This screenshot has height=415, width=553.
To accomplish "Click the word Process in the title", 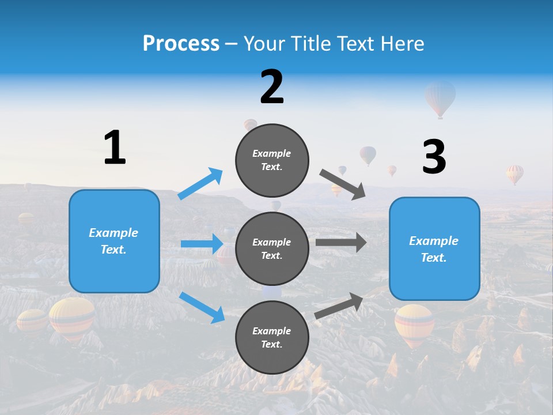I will click(x=181, y=44).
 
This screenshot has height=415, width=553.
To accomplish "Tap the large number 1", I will click(x=115, y=148).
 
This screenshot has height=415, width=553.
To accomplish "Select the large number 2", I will click(x=272, y=87).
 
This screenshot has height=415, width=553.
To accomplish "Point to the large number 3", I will click(x=434, y=157).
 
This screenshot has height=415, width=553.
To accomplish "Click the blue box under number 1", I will click(x=114, y=241).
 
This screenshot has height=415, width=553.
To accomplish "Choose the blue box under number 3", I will click(x=434, y=249).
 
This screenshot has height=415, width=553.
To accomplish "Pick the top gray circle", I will click(x=272, y=160).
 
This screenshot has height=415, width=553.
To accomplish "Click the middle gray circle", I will click(x=272, y=248).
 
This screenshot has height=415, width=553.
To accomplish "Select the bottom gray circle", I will click(x=272, y=337).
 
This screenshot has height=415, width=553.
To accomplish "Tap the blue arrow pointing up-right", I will click(x=200, y=183).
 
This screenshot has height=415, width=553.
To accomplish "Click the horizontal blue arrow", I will click(x=202, y=244).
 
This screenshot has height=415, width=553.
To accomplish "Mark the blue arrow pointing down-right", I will click(x=202, y=307).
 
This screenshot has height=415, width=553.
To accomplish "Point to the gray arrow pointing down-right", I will click(x=343, y=184).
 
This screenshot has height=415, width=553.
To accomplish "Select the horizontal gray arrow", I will click(x=341, y=243).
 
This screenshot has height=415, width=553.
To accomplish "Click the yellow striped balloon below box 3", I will click(x=414, y=324).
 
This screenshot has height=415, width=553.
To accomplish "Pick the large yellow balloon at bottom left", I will click(x=72, y=318).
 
